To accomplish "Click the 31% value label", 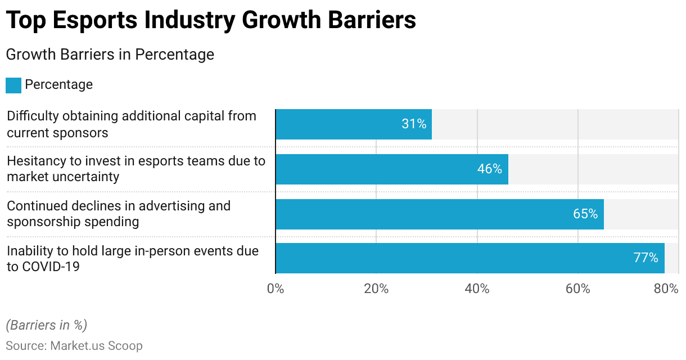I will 414,124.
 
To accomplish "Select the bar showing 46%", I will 392,169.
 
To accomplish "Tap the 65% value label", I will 585,214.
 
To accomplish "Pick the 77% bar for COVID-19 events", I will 470,258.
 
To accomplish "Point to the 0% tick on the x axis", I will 275,289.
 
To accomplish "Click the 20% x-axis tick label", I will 376,289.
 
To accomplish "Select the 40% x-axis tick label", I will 477,289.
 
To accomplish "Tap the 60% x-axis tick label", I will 577,289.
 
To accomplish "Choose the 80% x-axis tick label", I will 666,289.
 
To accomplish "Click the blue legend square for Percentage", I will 13,85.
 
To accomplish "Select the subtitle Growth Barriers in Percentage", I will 110,55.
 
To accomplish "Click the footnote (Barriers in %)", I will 47,325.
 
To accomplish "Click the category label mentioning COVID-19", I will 133,259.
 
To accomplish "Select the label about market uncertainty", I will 136,169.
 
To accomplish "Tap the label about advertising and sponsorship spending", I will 119,214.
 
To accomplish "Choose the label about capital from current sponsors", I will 131,124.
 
